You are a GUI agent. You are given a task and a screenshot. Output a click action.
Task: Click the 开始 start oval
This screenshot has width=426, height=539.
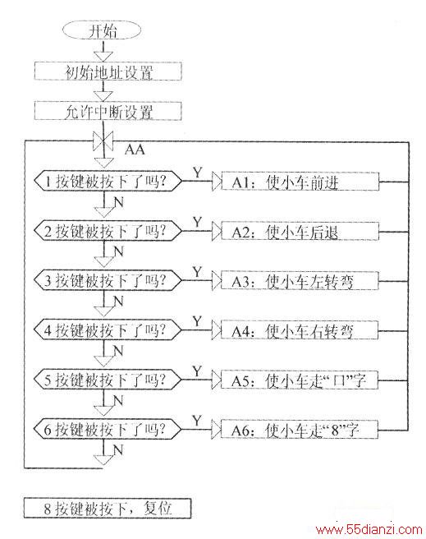point(102,31)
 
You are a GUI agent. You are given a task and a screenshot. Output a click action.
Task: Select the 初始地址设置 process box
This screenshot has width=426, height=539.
point(108,71)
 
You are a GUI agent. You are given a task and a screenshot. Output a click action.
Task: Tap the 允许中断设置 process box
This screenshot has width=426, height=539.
point(108,111)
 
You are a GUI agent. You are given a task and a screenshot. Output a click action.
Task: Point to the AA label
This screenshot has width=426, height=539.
point(135,150)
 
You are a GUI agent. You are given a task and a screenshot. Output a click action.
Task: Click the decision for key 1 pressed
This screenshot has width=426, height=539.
point(108,181)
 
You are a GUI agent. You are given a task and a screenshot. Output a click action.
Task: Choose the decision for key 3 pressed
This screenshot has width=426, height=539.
point(108,280)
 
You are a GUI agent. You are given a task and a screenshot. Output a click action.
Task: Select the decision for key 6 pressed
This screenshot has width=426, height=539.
point(108,429)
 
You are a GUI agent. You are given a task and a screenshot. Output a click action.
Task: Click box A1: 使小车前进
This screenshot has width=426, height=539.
point(300,182)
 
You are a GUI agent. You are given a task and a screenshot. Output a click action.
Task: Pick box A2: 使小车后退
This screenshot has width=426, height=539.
point(300,231)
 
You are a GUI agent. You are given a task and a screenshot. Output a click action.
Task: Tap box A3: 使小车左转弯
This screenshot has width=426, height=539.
point(300,281)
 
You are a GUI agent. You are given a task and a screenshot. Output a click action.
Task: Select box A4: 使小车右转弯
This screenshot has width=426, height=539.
point(300,330)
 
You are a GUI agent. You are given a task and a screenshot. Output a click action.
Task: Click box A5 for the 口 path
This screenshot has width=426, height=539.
point(300,380)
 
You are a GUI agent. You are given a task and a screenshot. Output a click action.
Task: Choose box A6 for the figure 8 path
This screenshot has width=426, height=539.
point(300,430)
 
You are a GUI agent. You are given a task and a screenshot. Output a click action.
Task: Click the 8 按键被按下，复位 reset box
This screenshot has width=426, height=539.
point(108,508)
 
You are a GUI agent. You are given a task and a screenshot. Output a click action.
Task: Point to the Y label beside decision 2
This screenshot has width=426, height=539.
point(197,223)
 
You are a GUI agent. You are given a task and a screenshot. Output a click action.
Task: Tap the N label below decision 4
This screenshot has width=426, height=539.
point(118,351)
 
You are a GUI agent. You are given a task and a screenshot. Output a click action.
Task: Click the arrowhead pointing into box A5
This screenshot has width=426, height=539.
point(216,380)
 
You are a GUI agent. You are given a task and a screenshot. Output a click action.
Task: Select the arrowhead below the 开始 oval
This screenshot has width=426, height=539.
point(103,57)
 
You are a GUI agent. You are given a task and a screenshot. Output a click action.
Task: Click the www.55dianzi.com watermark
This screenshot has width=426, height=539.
point(369,529)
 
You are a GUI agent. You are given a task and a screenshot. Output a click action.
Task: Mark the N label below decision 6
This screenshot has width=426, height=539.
point(118,450)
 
